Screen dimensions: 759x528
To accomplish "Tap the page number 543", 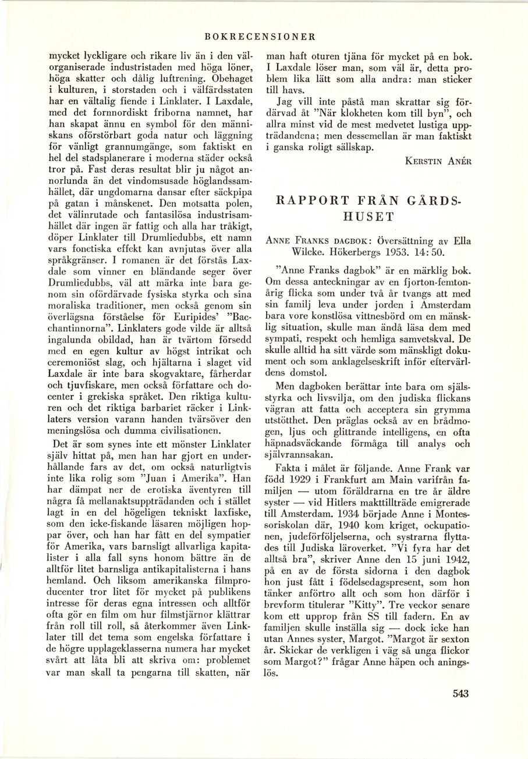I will tap(460, 693).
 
